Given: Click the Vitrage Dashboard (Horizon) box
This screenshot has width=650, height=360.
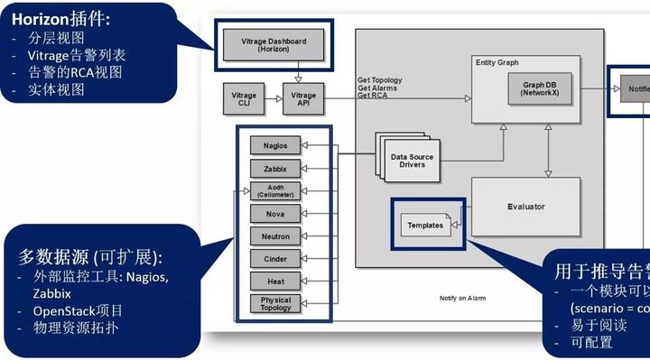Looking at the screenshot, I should point(274,46).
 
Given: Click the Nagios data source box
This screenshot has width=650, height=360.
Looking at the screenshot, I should point(275,145).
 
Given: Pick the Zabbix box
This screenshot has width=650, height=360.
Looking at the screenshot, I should point(275,168).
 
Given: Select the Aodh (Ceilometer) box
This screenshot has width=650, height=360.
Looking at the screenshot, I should point(275,190).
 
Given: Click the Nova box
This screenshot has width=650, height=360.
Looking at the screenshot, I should point(275,214).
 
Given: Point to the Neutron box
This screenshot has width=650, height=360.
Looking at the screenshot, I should point(275,236).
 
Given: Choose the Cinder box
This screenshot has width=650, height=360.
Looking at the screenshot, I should point(275,259).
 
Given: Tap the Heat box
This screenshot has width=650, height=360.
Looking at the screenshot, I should point(275,282).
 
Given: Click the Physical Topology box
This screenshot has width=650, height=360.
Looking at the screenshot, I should point(275,303).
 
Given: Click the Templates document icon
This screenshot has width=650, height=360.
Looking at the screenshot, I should point(425,225).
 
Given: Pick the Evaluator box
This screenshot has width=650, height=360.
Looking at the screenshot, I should point(525,207).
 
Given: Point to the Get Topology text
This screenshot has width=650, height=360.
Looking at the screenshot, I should point(380,80).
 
